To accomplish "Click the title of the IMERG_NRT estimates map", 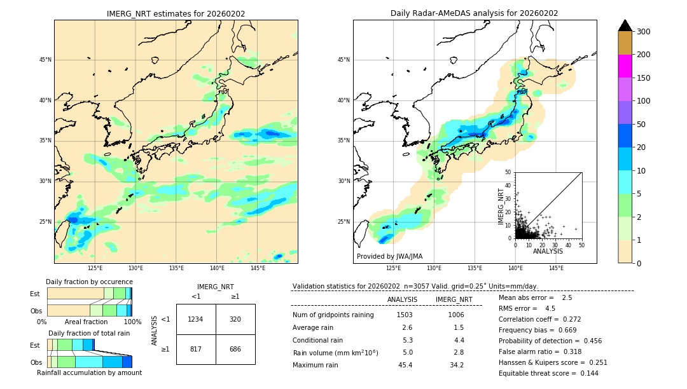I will point(176,13).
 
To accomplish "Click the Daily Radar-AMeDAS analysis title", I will point(475,13).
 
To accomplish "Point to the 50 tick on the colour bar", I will point(642,125).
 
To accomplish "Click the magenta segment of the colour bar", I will point(625,66).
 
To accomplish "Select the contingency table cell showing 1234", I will point(196,319).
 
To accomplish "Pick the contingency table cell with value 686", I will point(235,350).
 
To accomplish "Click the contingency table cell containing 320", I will point(235,319).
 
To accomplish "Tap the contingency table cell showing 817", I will point(196,350).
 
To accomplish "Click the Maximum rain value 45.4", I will point(405,365).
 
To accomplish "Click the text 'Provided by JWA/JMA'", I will point(389,257).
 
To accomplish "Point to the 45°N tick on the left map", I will point(45,60).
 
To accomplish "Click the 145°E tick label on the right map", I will point(556,268).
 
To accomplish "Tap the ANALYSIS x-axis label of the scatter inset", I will point(548,251).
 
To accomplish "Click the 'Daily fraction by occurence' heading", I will point(89,282).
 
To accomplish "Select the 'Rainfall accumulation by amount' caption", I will point(89,372).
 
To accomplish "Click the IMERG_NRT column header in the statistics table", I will point(454,299).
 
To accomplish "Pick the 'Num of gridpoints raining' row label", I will point(333,315).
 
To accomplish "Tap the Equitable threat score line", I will point(539,373).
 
